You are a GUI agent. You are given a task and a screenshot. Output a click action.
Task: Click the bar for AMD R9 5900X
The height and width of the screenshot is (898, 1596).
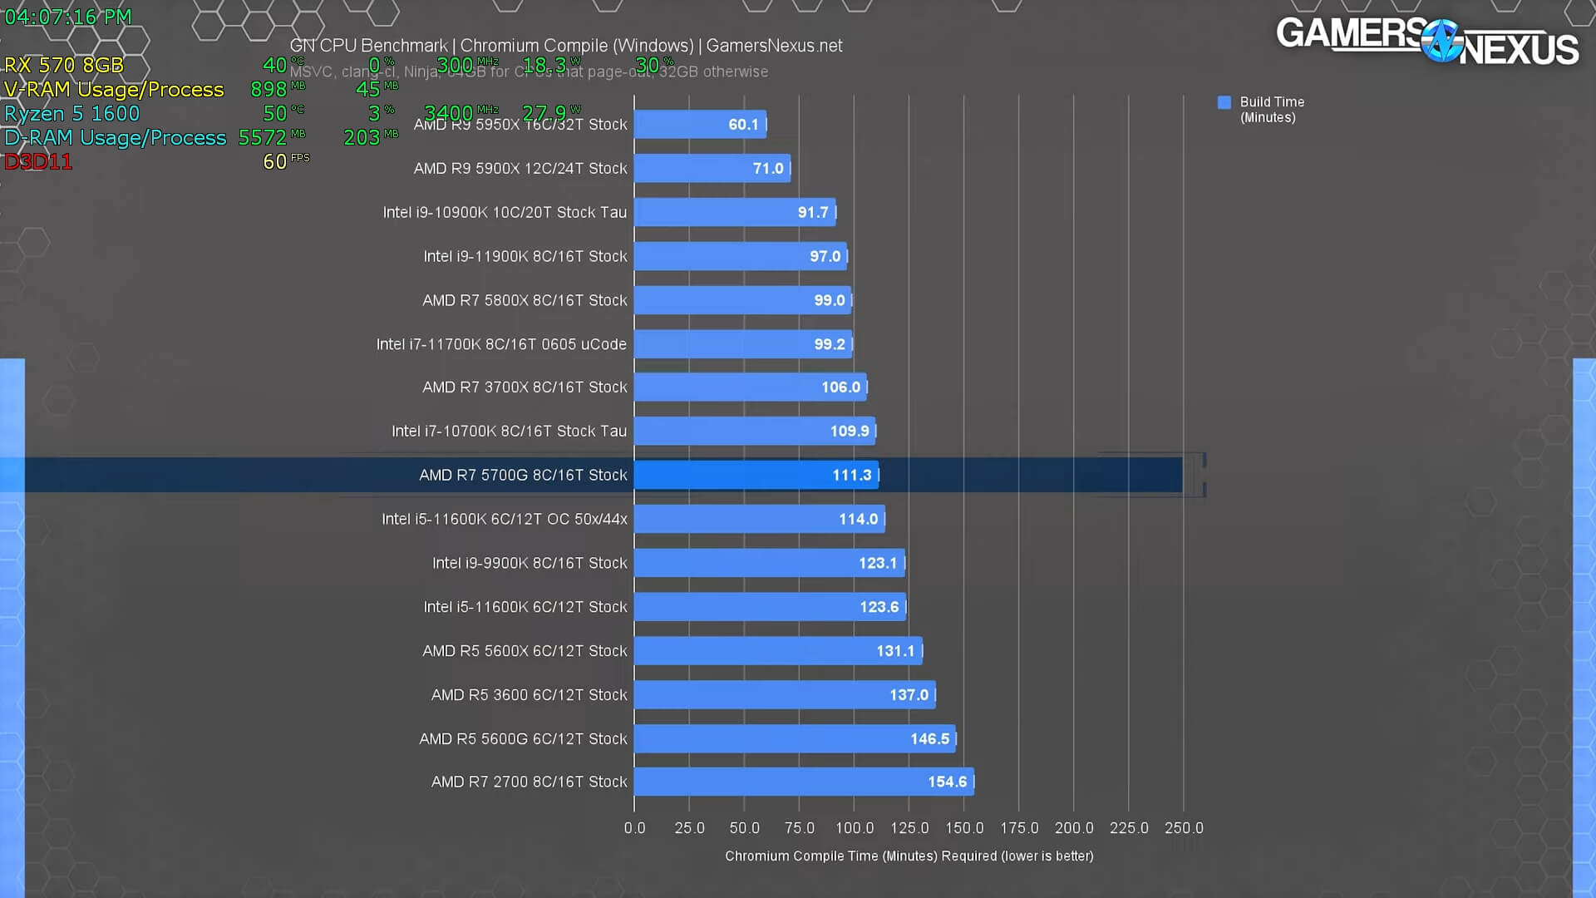point(712,169)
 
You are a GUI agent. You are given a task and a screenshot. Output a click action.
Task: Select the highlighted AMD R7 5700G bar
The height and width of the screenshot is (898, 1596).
point(756,475)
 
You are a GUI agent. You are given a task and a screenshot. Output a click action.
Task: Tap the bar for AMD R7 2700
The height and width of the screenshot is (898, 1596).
point(803,782)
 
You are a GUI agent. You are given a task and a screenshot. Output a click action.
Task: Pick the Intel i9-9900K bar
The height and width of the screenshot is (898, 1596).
point(769,563)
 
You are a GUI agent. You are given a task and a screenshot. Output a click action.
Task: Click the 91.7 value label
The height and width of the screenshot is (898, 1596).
point(812,213)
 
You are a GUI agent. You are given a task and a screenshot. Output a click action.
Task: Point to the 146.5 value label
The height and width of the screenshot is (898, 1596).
point(929,738)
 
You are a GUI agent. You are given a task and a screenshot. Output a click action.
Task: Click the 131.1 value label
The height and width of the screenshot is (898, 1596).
point(894,651)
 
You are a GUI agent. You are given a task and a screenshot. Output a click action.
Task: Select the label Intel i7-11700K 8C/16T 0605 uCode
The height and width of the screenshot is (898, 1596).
point(501,344)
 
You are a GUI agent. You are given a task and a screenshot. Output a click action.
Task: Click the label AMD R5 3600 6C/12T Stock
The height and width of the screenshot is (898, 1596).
point(529,695)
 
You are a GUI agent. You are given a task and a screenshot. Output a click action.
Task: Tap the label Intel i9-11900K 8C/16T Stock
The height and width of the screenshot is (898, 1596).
point(525,256)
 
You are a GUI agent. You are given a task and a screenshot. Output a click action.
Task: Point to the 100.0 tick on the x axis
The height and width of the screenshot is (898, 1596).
point(855,828)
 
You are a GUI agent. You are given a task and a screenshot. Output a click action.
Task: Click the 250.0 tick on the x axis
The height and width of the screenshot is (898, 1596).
point(1184,828)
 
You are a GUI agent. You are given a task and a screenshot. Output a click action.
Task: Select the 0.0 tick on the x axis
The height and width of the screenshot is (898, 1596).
point(634,828)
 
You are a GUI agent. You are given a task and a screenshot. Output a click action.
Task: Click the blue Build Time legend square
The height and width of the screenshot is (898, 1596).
point(1224,102)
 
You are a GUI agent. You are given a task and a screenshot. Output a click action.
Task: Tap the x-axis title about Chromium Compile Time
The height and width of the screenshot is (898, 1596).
point(909,856)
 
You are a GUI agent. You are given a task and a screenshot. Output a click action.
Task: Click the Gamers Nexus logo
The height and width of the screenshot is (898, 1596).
point(1426,40)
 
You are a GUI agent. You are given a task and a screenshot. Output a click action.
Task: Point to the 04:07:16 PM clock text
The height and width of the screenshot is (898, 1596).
point(68,17)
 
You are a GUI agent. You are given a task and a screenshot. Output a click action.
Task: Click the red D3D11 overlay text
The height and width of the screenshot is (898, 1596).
point(38,161)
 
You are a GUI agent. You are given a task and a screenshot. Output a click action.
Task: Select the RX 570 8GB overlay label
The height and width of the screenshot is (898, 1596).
point(64,65)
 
